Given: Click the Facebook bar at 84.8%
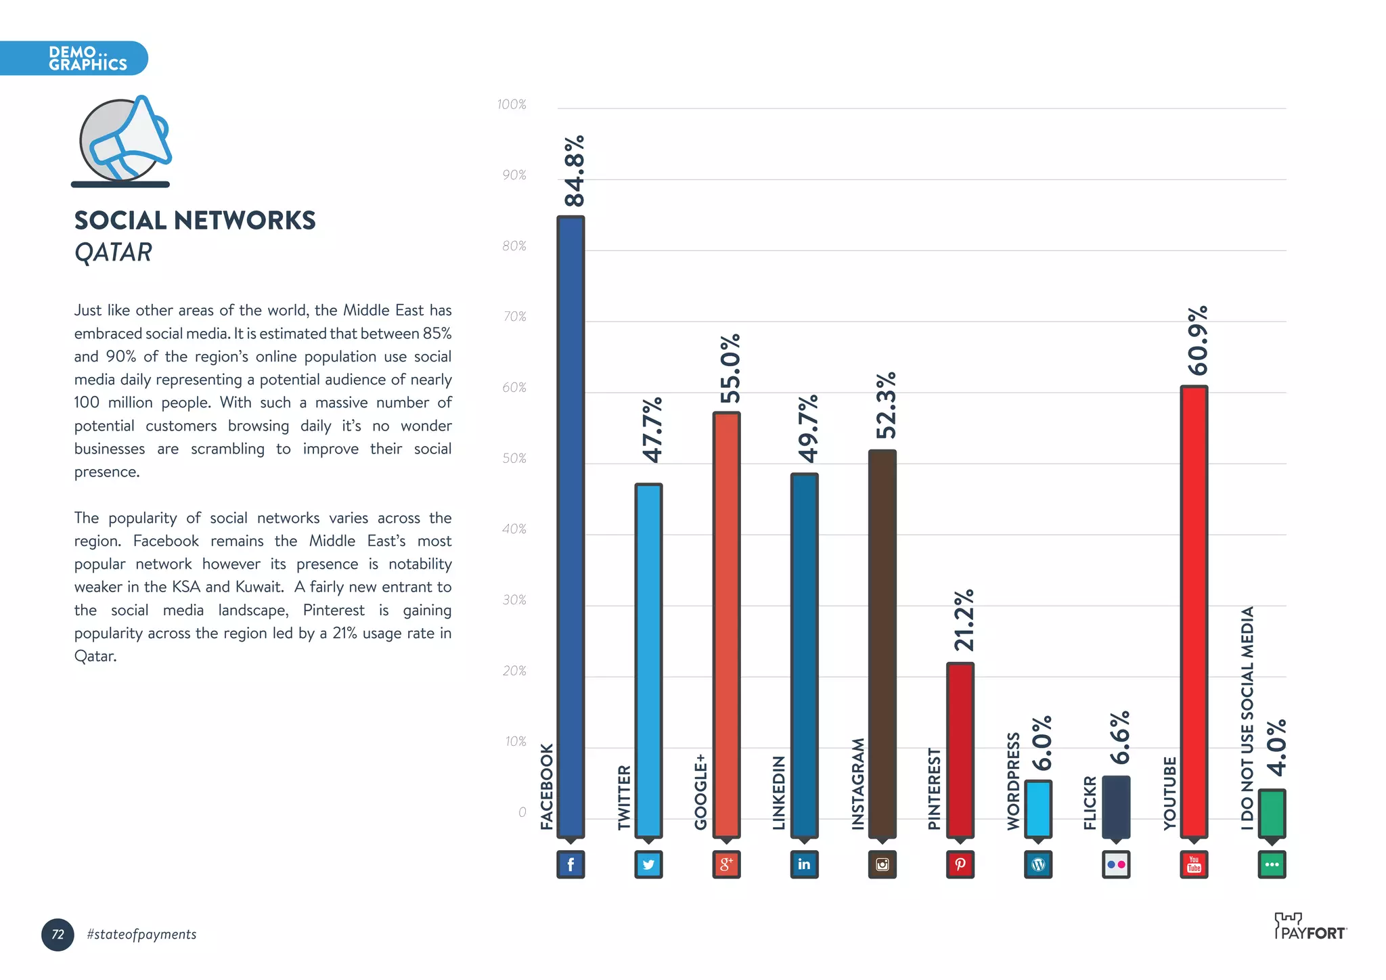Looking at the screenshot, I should (571, 528).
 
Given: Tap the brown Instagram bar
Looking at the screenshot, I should (882, 643).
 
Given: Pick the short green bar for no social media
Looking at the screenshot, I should (1272, 814).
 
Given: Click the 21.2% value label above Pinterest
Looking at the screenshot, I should (963, 620).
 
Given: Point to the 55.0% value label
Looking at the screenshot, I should (730, 368).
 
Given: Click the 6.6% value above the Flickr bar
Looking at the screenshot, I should (1119, 737).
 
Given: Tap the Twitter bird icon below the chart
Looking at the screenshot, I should (648, 864).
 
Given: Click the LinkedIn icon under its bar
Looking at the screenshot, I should (804, 864).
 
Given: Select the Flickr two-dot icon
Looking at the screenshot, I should (1116, 864).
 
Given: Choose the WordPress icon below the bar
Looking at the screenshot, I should (1038, 864).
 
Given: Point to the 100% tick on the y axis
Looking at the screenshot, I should (511, 104).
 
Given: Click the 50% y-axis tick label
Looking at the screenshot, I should (514, 458).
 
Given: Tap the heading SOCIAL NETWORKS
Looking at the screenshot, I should (195, 221).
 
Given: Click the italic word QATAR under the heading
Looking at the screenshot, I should (113, 252).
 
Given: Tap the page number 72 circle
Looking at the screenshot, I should (58, 934).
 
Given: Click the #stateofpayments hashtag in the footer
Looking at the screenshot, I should (141, 934).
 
